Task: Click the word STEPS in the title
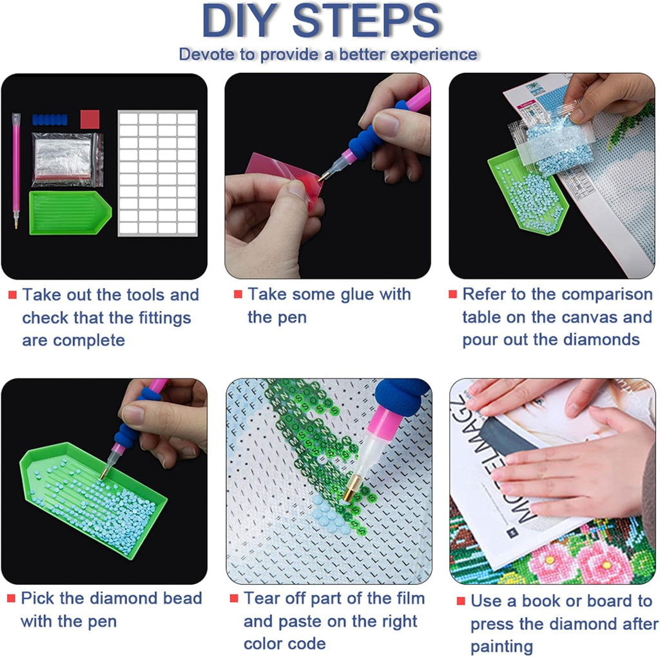tap(367, 20)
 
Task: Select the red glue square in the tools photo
tap(90, 119)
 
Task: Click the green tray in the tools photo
tap(70, 213)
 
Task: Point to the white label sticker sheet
tap(157, 173)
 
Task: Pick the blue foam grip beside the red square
tap(50, 119)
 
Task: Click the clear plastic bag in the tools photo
tap(67, 159)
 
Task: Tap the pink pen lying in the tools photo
tap(16, 171)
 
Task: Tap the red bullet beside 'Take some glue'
tap(238, 294)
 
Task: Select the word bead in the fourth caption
tap(182, 598)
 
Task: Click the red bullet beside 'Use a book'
tap(461, 601)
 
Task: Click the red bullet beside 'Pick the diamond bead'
tap(12, 598)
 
